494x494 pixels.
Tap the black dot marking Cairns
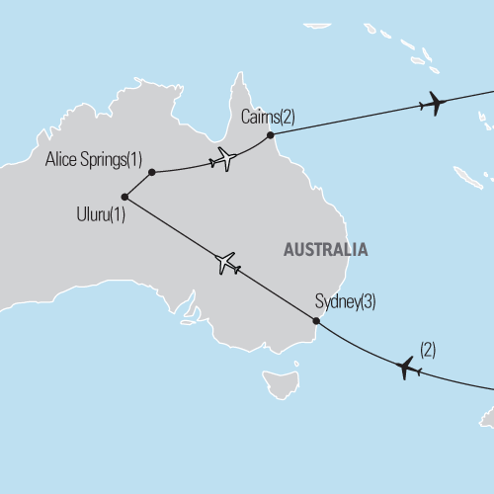coord(271,134)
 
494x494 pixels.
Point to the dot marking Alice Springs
coord(151,172)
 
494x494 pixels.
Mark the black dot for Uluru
coord(124,197)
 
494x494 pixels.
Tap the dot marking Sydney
coord(316,321)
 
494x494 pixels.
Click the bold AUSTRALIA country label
coord(325,250)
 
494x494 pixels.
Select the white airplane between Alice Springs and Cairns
coord(225,158)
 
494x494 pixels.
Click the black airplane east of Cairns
coord(433,103)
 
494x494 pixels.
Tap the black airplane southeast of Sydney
coord(407,368)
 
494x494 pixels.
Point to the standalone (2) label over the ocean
coord(428,348)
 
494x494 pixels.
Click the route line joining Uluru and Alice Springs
coord(138,184)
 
